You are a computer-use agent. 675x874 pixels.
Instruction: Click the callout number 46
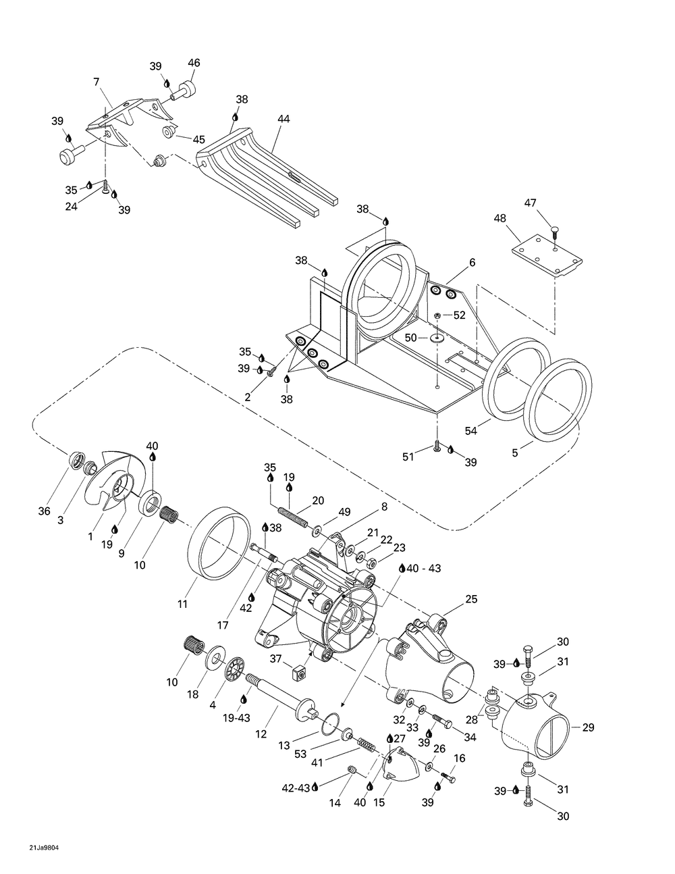coord(194,63)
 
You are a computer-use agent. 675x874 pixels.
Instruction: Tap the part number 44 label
coord(283,119)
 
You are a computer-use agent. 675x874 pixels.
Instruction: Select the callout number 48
coord(500,218)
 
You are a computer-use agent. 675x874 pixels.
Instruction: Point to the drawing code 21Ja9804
coord(44,845)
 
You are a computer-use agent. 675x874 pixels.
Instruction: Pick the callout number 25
coord(471,599)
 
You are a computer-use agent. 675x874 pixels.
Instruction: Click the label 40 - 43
coord(424,568)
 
